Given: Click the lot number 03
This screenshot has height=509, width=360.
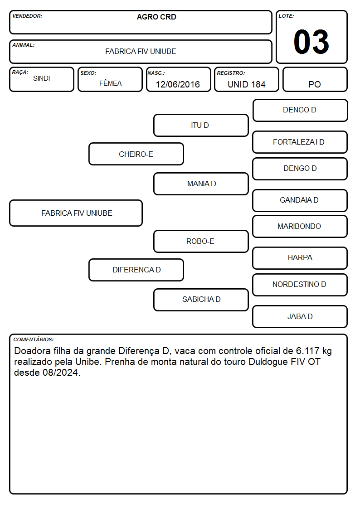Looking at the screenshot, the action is coord(311,42).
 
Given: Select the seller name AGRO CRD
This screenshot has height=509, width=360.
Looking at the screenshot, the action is coord(156,17).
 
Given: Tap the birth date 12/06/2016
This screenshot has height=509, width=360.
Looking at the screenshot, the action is coord(178,84).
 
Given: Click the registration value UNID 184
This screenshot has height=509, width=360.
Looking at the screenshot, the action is coord(246,84).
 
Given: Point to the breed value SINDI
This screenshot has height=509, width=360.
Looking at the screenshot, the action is coord(42,78).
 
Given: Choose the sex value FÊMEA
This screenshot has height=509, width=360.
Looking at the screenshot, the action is coord(110,83).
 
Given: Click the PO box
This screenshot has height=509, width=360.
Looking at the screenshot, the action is coord(315,79).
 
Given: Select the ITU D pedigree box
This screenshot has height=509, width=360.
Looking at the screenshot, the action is coord(201,125).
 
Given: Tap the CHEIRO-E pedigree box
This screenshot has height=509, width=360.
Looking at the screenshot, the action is coord(136,154).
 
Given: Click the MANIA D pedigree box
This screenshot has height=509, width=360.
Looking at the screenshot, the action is coord(201,184).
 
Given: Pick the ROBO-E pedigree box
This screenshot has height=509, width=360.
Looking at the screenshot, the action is coord(201,241).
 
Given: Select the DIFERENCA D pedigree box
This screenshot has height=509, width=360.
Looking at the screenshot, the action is coord(136,270).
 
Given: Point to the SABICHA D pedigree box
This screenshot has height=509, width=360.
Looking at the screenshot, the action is coord(201,300).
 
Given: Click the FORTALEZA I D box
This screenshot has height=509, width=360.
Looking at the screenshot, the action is coord(300,142).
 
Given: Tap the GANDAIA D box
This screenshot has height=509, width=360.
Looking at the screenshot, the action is coord(300,200).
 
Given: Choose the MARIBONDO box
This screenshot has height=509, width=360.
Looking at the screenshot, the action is coord(300,226).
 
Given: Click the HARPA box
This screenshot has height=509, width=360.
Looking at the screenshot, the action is coord(300,258).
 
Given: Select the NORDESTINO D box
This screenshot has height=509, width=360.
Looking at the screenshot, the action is coord(300,285).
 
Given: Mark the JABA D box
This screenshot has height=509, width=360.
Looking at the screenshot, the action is coord(300,316).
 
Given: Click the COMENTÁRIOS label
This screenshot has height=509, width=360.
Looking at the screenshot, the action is coord(34,339).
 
